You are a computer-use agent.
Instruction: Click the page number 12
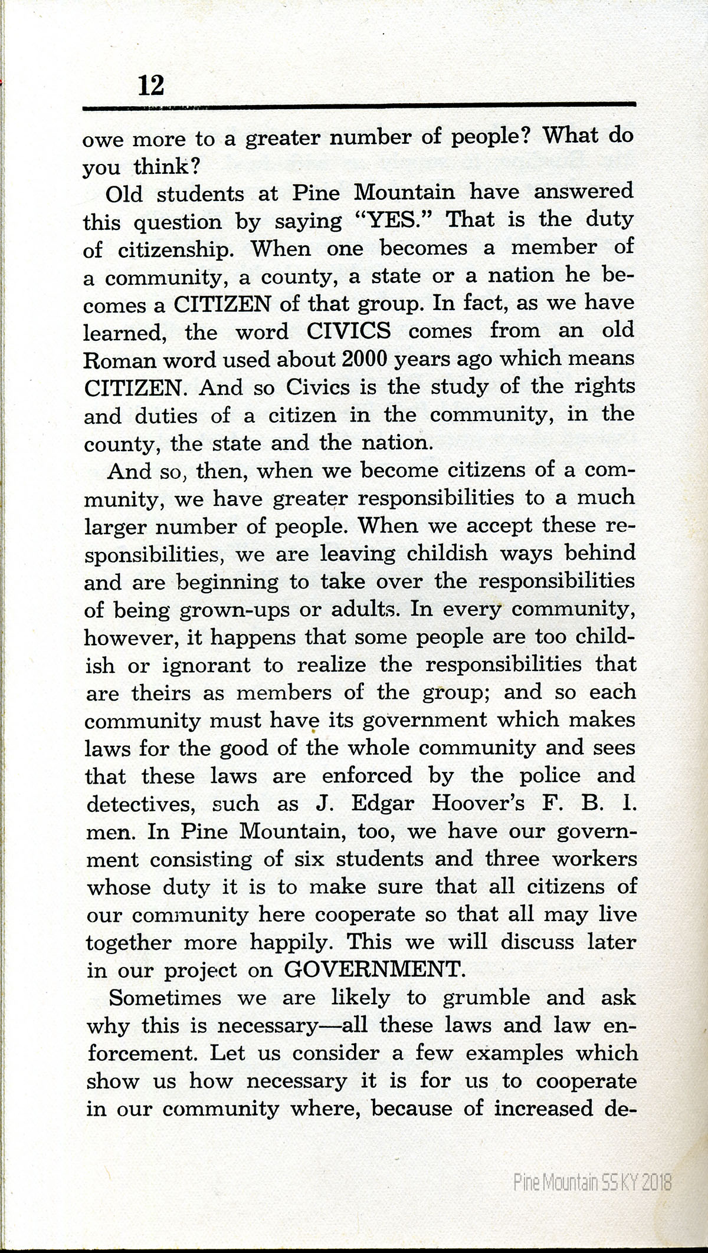(x=150, y=87)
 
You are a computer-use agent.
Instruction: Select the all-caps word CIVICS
(x=349, y=330)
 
